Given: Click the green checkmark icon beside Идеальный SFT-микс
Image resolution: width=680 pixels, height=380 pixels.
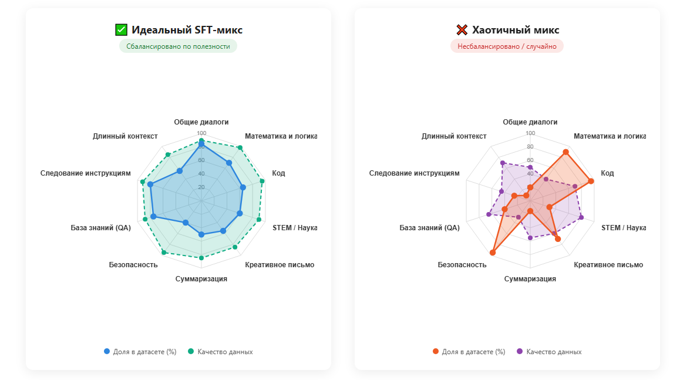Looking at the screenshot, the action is tap(121, 30).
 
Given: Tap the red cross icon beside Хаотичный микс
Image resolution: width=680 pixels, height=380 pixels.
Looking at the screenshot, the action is tap(462, 30).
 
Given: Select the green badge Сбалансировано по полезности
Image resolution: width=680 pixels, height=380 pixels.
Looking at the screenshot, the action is tap(179, 46).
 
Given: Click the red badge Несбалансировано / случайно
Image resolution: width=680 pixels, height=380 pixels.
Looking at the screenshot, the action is tap(507, 46).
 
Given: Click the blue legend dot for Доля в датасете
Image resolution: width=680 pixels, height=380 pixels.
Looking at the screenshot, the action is tap(107, 351).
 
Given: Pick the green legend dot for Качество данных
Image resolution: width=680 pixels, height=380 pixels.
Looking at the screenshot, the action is tap(191, 351).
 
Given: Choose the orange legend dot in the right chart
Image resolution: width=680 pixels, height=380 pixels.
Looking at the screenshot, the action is tap(435, 351).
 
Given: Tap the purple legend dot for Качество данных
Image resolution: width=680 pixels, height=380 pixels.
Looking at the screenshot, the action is tap(520, 351).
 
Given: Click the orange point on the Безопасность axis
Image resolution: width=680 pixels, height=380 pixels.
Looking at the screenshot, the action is tap(492, 253).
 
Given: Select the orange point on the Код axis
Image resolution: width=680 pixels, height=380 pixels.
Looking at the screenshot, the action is tap(591, 181).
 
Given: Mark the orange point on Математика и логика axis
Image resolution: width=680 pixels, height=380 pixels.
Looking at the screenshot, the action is tap(565, 152).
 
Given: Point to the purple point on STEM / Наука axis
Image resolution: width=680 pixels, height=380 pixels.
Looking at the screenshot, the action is tap(581, 217).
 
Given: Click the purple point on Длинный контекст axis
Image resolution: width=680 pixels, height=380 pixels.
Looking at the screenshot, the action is tap(503, 163).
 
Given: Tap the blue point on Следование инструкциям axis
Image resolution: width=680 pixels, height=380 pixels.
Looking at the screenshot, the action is tap(150, 184).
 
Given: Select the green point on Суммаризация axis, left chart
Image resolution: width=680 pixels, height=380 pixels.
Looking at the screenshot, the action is tap(201, 258).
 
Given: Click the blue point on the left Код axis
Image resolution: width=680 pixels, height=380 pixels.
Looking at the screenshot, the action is tap(243, 187).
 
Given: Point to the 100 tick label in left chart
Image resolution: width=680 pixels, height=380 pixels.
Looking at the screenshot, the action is tap(201, 133).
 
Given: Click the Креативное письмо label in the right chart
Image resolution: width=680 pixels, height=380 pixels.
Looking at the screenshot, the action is tap(608, 265).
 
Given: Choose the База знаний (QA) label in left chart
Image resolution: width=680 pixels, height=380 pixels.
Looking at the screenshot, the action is tap(100, 228).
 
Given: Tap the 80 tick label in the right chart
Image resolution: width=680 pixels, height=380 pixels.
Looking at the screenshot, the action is tap(530, 147).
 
